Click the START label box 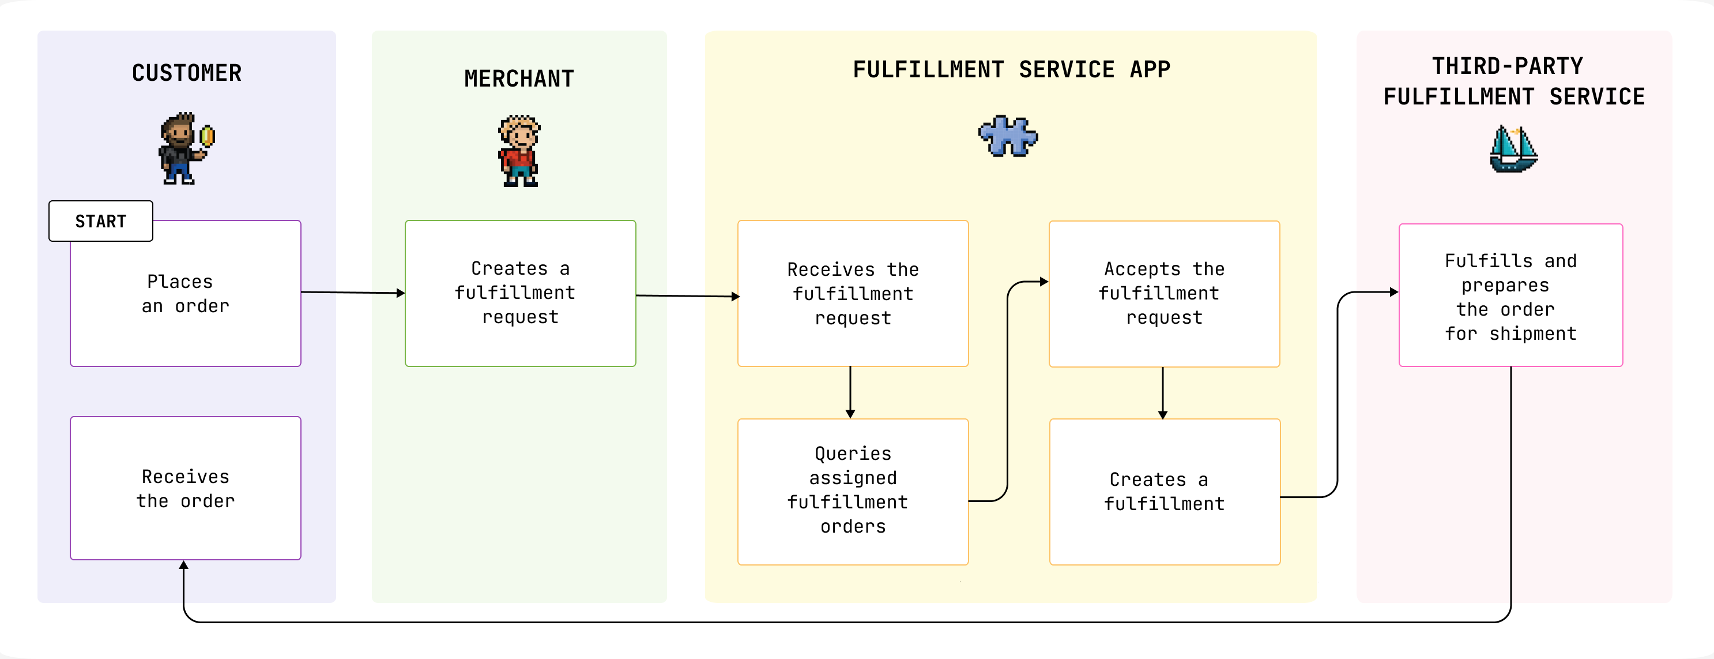tap(100, 221)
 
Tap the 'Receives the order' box tap(185, 489)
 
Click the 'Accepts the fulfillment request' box tap(1164, 294)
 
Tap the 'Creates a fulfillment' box tap(1164, 491)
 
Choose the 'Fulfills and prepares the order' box tap(1510, 295)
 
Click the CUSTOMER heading tap(186, 73)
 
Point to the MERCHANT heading tap(519, 78)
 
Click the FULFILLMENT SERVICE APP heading tap(1011, 69)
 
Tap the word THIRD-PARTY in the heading tap(1507, 66)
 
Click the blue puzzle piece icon tap(1007, 136)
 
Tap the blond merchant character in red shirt tap(519, 152)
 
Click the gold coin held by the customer tap(208, 136)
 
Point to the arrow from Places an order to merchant tap(353, 292)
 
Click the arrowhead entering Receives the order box tap(184, 565)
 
